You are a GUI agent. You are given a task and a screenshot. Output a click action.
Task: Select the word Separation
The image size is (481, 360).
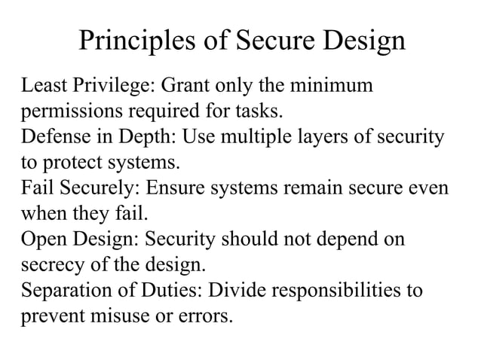click(x=65, y=290)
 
